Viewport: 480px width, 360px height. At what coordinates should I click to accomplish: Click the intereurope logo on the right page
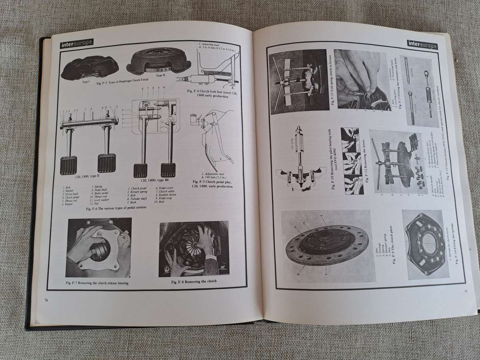[x=422, y=44]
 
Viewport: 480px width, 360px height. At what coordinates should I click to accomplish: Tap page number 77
[x=465, y=291]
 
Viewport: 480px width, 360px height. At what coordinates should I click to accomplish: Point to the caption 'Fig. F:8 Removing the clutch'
[x=194, y=282]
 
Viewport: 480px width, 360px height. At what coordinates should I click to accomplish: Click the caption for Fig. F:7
[x=100, y=283]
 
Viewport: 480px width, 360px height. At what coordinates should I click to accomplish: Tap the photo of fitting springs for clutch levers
[x=425, y=244]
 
